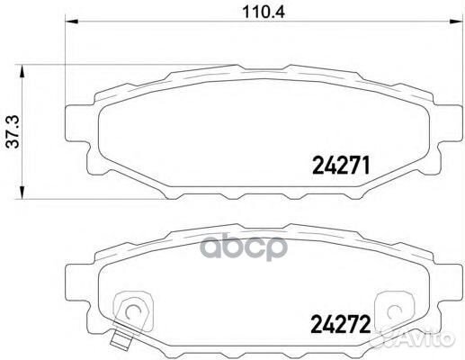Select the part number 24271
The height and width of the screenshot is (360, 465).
pyautogui.click(x=343, y=164)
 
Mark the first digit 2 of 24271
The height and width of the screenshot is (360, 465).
pyautogui.click(x=316, y=164)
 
